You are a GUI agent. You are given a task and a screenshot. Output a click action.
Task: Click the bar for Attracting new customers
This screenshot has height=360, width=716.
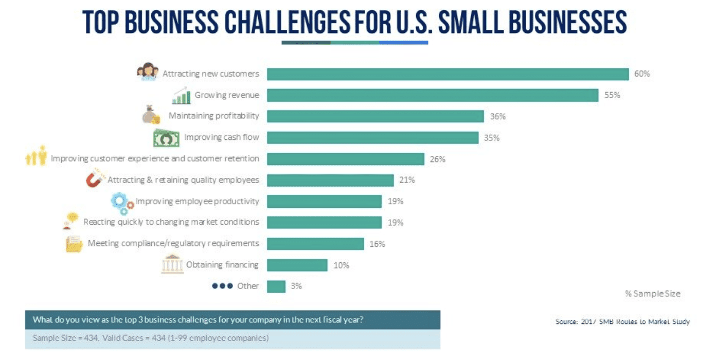click(x=447, y=74)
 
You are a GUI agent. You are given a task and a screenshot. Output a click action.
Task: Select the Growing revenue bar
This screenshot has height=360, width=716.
click(x=432, y=95)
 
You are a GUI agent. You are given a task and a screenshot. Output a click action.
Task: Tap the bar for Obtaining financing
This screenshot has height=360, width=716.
click(x=297, y=265)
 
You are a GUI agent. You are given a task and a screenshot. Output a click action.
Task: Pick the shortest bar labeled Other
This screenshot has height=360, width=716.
click(x=276, y=286)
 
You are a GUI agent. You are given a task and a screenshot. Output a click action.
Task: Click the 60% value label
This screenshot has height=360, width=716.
click(x=642, y=74)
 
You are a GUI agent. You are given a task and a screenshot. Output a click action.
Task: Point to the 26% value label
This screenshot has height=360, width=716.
click(x=437, y=159)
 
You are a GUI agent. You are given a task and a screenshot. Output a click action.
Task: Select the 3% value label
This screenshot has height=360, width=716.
click(x=296, y=286)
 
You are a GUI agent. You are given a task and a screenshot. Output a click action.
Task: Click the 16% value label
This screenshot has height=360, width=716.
click(x=377, y=244)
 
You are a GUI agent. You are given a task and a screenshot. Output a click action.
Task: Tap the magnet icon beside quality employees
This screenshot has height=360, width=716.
click(x=95, y=180)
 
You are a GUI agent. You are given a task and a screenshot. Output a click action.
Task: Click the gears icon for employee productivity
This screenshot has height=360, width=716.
click(x=122, y=203)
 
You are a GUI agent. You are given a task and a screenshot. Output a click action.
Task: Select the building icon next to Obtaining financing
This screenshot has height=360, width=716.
click(x=172, y=264)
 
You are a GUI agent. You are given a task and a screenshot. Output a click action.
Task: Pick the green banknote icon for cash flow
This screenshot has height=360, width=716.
click(x=166, y=138)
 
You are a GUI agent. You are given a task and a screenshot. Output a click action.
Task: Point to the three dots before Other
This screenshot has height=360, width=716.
click(x=222, y=286)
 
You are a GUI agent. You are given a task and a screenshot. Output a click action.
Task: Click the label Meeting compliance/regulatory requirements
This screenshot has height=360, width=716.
click(x=173, y=243)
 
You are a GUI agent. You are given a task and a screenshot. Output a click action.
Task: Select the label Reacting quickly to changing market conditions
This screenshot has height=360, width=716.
click(x=171, y=222)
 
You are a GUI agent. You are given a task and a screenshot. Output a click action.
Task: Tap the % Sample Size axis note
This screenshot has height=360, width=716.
click(x=652, y=294)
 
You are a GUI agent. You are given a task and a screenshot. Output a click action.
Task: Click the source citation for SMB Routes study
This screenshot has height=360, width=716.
click(x=622, y=321)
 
